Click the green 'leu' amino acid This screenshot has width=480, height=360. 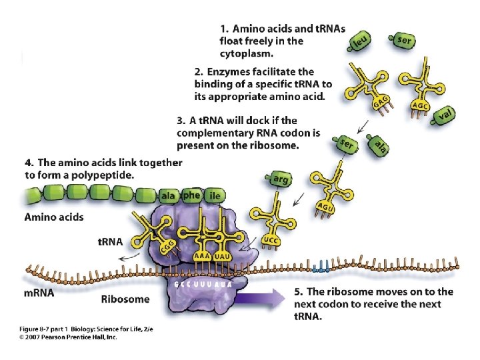pyautogui.click(x=360, y=43)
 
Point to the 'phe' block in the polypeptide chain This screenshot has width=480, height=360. pyautogui.click(x=191, y=195)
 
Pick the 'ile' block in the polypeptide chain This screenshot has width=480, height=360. pyautogui.click(x=214, y=195)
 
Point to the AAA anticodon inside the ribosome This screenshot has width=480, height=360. pyautogui.click(x=202, y=255)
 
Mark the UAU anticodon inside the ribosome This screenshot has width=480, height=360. pyautogui.click(x=223, y=255)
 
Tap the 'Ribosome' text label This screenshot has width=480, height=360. pyautogui.click(x=125, y=299)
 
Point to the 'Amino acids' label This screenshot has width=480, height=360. pyautogui.click(x=54, y=216)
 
